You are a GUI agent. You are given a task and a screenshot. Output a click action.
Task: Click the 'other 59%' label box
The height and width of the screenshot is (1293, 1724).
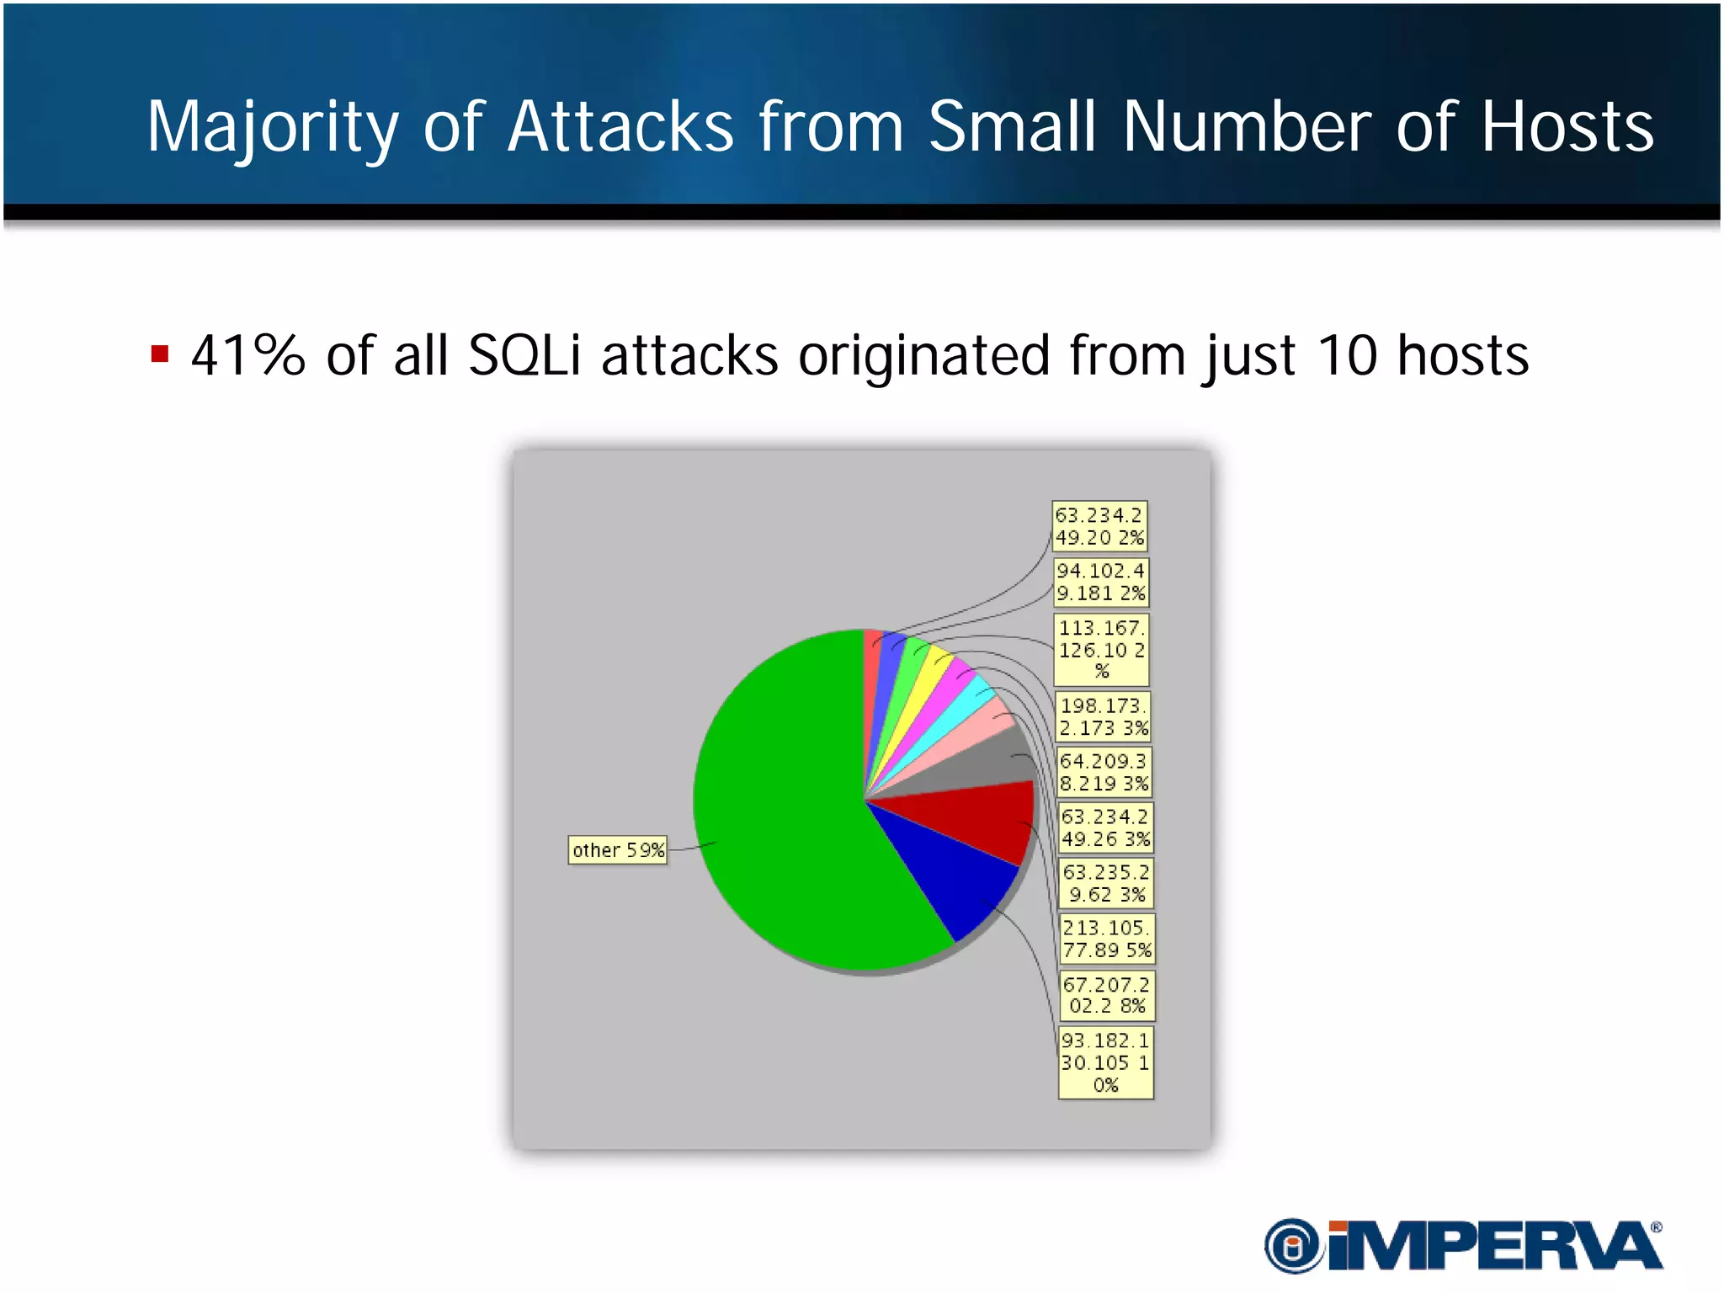coord(618,850)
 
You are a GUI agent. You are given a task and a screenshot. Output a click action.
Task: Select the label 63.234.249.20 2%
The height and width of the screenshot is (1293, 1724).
coord(1099,526)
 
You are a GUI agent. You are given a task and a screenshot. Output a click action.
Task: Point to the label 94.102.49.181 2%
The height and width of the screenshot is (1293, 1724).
coord(1101,582)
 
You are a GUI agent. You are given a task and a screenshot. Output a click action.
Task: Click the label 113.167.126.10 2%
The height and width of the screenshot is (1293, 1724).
coord(1101,649)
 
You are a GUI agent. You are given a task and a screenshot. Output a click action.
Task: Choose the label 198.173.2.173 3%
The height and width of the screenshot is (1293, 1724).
coord(1103,716)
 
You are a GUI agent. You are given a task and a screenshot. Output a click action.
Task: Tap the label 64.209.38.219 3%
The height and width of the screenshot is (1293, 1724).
coord(1104,772)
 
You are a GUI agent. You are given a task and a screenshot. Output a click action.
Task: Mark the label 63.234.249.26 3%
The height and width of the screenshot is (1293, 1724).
coord(1105,827)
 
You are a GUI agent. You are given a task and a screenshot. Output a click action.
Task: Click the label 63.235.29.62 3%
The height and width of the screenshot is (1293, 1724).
coord(1106,883)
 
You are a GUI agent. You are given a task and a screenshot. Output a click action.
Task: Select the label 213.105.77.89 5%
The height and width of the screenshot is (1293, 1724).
coord(1106,939)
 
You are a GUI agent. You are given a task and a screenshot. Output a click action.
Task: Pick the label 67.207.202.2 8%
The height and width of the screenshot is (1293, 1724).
coord(1107,995)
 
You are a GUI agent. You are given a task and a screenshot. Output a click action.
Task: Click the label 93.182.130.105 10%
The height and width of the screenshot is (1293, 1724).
coord(1106,1062)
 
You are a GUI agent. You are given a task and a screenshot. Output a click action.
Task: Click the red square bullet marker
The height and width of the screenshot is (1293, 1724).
coord(160,354)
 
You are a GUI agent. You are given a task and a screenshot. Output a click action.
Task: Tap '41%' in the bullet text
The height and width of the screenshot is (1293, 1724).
coord(247,355)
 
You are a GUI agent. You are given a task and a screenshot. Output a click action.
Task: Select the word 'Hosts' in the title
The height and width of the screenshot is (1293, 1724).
coord(1567,128)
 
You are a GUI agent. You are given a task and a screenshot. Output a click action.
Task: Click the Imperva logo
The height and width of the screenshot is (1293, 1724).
coord(1463,1245)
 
